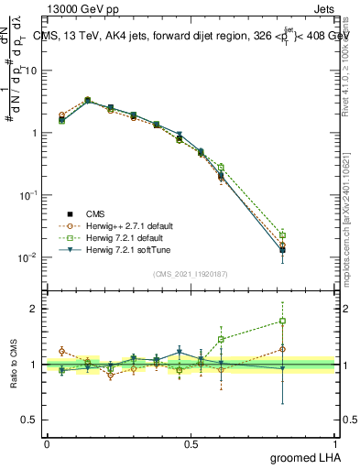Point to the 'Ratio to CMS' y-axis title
[x=15, y=364]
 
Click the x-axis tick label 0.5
[x=191, y=442]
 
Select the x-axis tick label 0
[x=47, y=442]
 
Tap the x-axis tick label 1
[x=334, y=442]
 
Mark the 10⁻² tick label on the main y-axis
[x=27, y=257]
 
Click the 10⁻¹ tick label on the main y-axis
[x=27, y=195]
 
